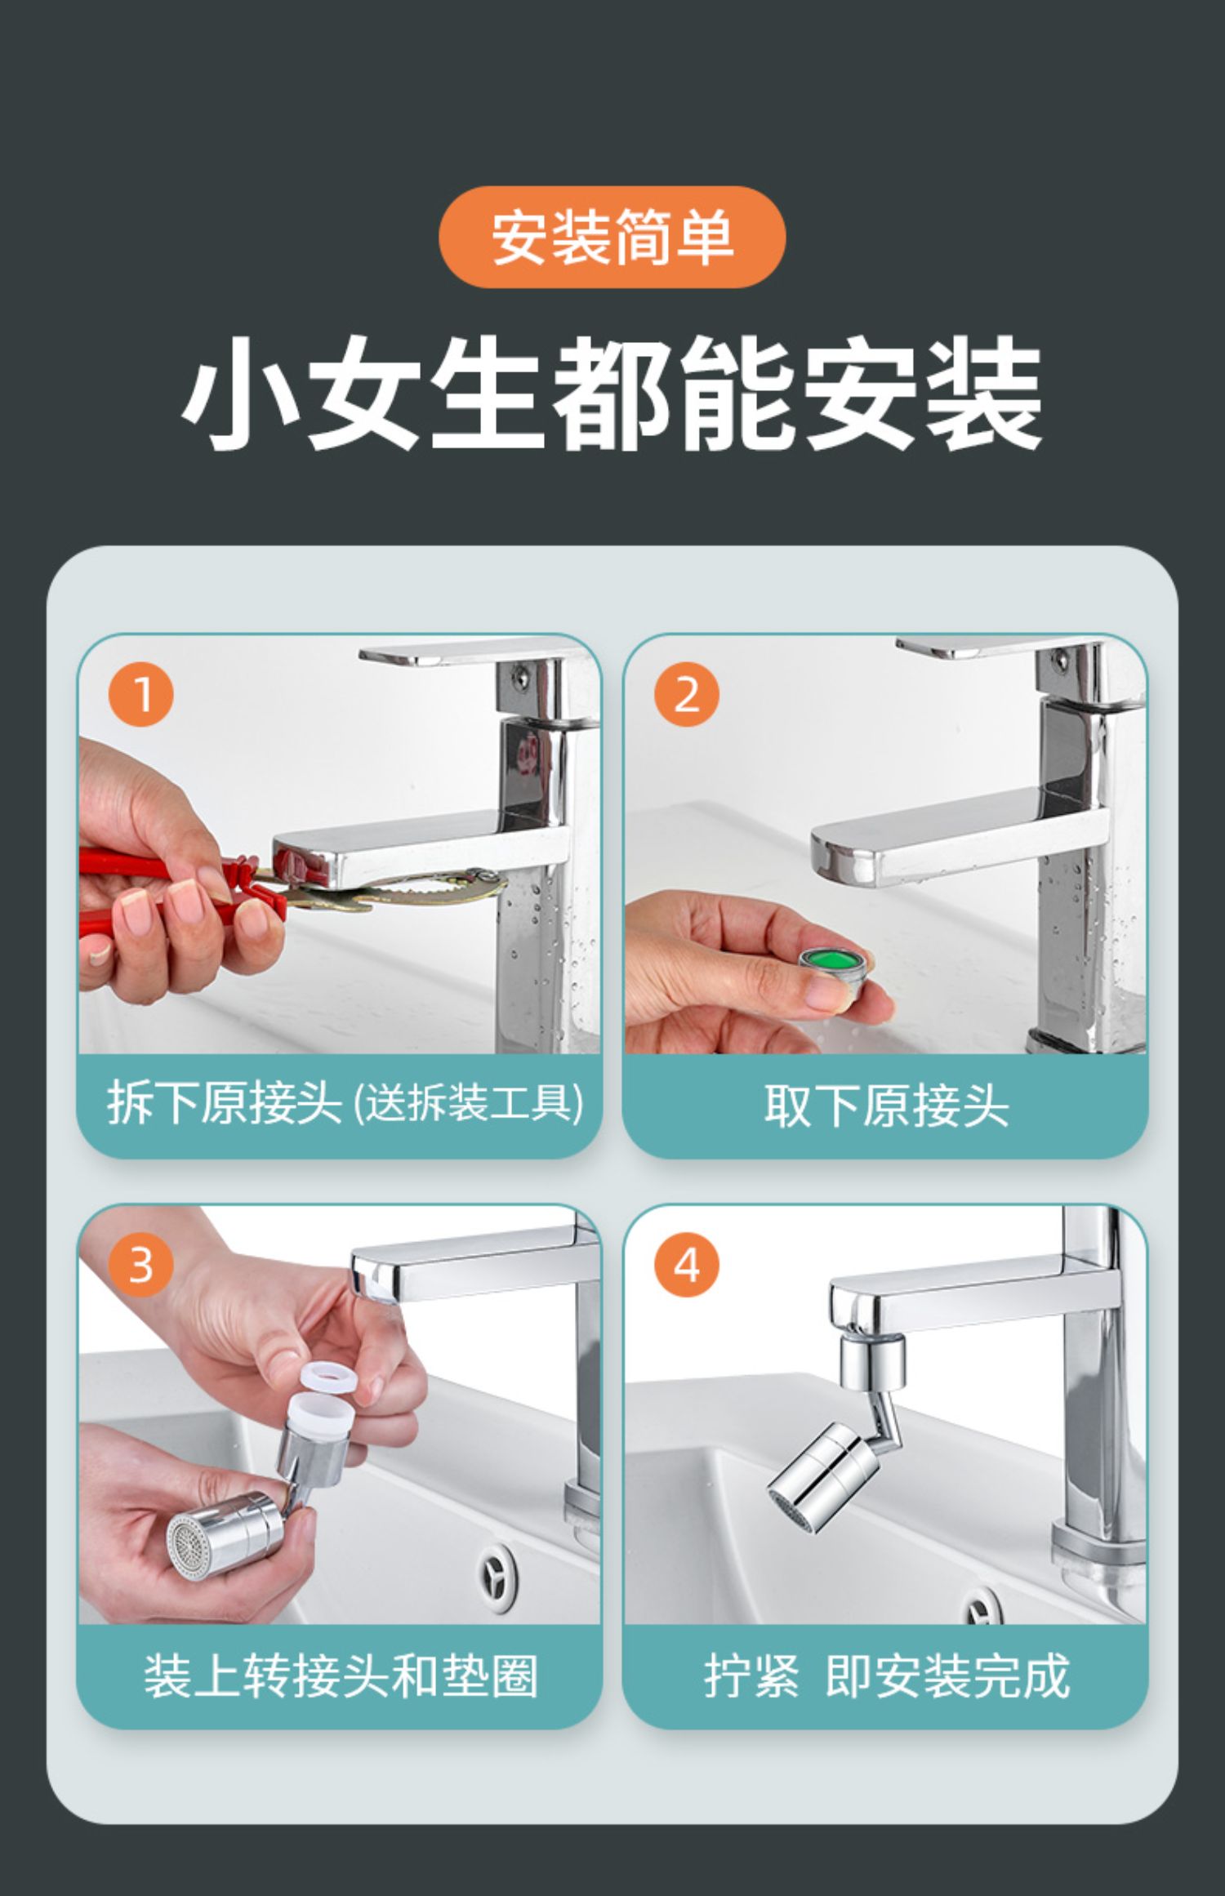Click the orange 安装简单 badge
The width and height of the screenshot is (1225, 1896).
pos(612,237)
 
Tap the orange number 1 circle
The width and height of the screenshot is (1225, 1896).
pos(141,694)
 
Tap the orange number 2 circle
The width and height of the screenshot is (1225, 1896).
pos(687,694)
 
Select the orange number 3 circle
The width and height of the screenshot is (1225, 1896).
pos(141,1265)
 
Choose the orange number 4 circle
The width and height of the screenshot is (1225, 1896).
pos(687,1265)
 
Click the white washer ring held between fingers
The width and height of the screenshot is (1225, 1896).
pos(324,1374)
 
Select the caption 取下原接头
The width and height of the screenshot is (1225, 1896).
pos(886,1106)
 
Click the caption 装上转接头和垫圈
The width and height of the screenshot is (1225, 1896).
pos(341,1676)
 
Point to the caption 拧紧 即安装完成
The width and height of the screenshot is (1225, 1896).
pos(887,1676)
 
